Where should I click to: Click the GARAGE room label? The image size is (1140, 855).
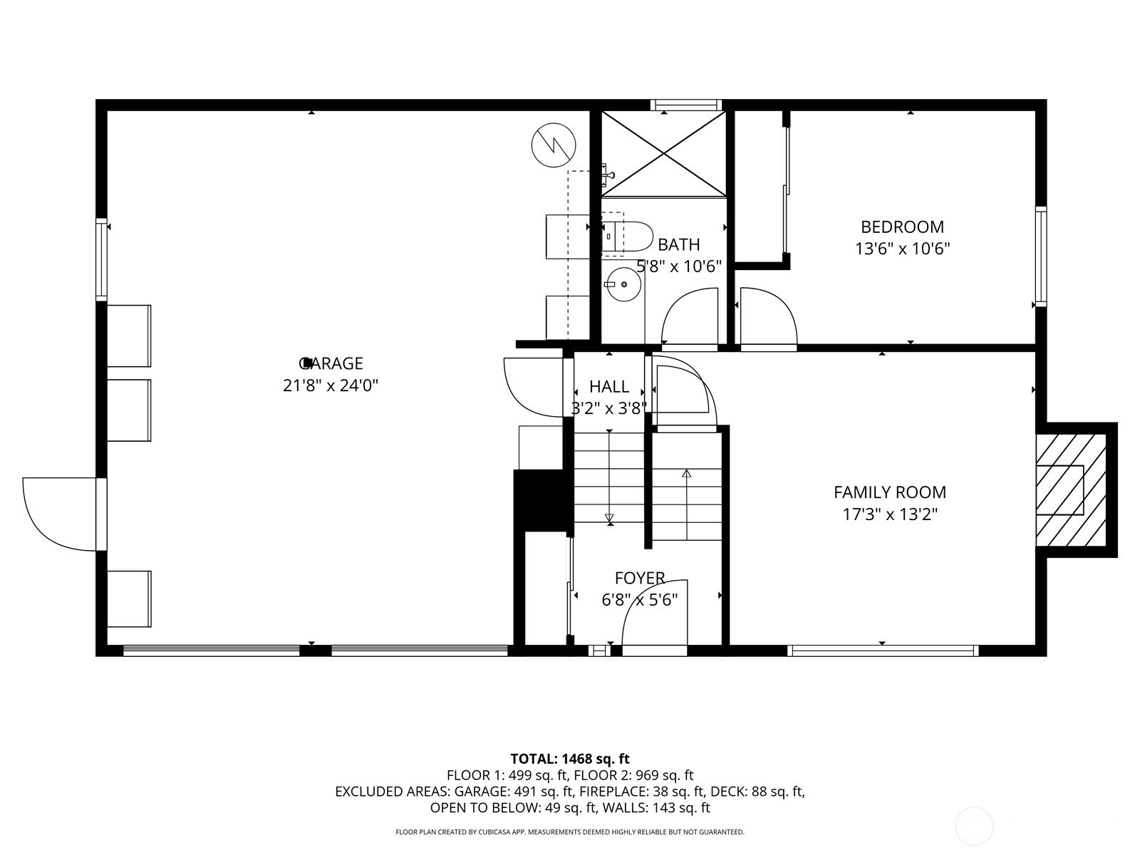(x=331, y=363)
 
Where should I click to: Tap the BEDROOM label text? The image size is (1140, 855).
(x=902, y=227)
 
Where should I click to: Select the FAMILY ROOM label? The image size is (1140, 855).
(x=890, y=492)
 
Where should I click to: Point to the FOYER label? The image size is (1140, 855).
(x=639, y=578)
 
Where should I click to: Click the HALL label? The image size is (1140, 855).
(x=609, y=386)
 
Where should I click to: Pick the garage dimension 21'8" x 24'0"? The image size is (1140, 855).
(x=331, y=385)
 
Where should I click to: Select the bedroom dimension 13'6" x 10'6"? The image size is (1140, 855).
(x=903, y=249)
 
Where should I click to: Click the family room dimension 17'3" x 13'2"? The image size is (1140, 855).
(x=890, y=514)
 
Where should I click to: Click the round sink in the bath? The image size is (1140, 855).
(x=623, y=284)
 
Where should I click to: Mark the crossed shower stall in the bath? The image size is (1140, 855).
(x=663, y=154)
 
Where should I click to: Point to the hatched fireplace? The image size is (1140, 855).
(x=1071, y=490)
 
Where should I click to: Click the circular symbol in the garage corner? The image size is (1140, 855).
(x=554, y=145)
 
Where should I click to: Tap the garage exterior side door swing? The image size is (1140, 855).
(x=59, y=514)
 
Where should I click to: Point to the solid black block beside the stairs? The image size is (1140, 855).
(x=540, y=500)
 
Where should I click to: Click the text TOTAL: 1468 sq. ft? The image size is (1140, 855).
(x=570, y=759)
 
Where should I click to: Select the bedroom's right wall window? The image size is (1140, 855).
(x=1041, y=256)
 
